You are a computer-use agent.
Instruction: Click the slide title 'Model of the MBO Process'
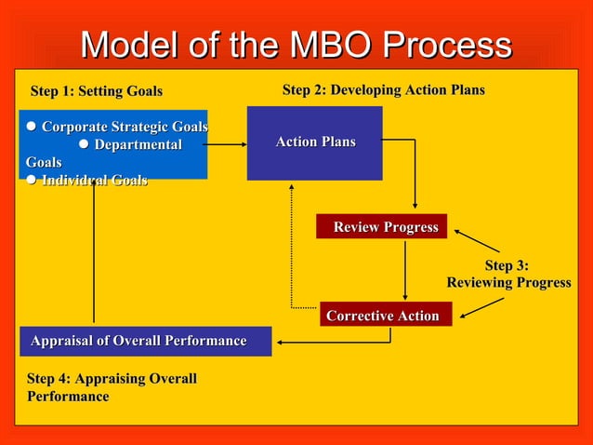pyautogui.click(x=296, y=45)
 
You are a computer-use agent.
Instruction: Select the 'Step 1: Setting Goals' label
pyautogui.click(x=97, y=91)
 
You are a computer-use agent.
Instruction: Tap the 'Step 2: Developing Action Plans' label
pyautogui.click(x=383, y=90)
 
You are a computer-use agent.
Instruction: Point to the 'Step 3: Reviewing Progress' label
pyautogui.click(x=508, y=275)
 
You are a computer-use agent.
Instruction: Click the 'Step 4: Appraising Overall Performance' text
pyautogui.click(x=112, y=387)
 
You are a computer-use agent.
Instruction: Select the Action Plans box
pyautogui.click(x=314, y=142)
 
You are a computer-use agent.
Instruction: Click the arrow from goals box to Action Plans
pyautogui.click(x=226, y=144)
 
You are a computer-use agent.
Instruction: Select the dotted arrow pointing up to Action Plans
pyautogui.click(x=292, y=247)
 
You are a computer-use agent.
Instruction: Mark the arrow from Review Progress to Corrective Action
pyautogui.click(x=405, y=269)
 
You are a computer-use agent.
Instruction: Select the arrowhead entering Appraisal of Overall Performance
pyautogui.click(x=281, y=342)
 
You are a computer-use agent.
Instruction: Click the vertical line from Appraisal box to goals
pyautogui.click(x=94, y=251)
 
